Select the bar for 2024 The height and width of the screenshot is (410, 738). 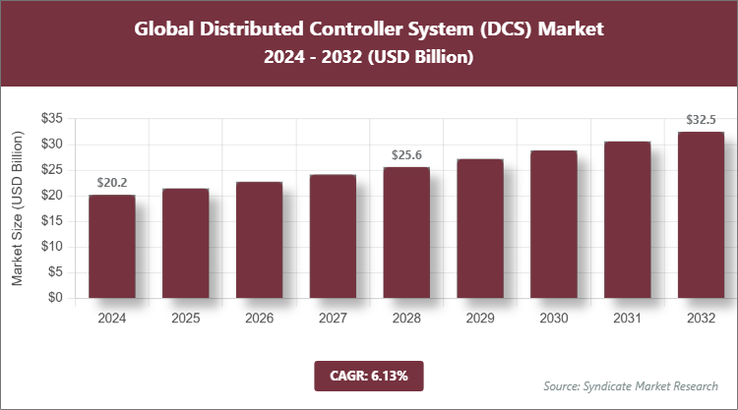(111, 246)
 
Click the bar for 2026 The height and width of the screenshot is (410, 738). (259, 240)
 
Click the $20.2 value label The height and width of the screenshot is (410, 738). (112, 182)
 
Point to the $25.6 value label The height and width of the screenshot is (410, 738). (406, 154)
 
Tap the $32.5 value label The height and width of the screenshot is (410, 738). (701, 120)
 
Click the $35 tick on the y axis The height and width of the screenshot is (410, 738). (52, 118)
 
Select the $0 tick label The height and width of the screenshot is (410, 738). (56, 298)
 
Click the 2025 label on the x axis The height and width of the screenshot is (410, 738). (185, 319)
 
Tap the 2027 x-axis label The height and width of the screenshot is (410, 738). (333, 319)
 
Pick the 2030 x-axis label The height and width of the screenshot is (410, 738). (554, 319)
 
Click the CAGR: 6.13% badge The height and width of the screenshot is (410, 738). (368, 375)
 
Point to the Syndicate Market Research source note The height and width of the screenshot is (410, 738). (631, 385)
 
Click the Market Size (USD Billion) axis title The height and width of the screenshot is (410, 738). (18, 207)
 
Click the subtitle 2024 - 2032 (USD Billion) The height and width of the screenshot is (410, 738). (368, 58)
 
